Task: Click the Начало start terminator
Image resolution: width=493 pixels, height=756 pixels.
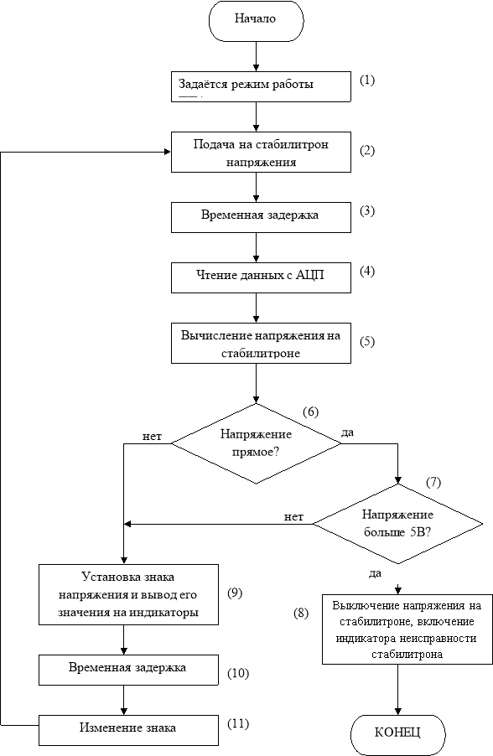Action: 256,20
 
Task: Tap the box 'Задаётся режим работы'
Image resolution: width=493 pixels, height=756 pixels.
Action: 261,86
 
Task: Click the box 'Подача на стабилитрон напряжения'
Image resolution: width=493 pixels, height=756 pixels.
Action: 261,153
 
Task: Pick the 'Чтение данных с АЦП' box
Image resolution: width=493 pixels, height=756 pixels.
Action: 261,277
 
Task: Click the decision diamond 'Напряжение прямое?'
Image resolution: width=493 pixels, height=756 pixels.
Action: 257,443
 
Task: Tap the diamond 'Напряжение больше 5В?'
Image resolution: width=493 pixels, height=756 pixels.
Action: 398,524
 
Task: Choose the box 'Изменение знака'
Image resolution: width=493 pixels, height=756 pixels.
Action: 128,729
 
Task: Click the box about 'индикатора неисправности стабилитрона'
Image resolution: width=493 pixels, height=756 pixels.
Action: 406,629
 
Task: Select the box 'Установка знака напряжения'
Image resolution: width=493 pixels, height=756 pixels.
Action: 128,594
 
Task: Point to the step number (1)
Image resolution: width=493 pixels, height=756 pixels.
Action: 367,80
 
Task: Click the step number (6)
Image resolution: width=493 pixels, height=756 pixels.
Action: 311,412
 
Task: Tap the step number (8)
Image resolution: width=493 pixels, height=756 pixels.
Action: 301,614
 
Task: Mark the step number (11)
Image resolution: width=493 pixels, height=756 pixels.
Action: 238,723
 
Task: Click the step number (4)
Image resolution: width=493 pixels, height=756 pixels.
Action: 367,271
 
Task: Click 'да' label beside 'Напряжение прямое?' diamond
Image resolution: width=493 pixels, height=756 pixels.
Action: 347,432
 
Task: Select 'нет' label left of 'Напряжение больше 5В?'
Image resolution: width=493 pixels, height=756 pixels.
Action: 293,517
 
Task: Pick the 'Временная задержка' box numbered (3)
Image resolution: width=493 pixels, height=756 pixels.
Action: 261,217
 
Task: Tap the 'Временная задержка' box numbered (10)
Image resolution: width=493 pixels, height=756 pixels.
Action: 128,670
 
